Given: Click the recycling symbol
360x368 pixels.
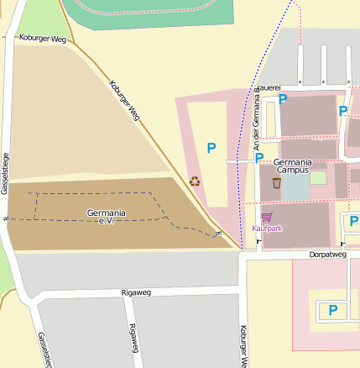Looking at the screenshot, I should click(x=195, y=181).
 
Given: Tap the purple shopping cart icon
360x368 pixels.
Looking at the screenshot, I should click(x=267, y=217).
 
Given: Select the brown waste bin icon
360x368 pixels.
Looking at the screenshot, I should click(x=276, y=182).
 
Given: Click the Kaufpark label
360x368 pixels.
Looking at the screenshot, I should click(x=267, y=228).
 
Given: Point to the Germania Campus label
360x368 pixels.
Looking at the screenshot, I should click(x=293, y=165).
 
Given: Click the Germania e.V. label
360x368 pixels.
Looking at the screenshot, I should click(x=106, y=216).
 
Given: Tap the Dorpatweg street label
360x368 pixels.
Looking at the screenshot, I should click(x=327, y=254).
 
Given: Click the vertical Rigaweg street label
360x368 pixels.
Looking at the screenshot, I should click(x=133, y=339).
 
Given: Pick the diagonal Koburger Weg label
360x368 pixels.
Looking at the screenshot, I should click(x=124, y=100).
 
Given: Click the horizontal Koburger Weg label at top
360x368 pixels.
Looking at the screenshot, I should click(x=42, y=39).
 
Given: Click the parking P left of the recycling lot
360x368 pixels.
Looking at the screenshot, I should click(x=211, y=148).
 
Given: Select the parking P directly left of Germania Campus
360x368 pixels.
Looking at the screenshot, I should click(x=259, y=157).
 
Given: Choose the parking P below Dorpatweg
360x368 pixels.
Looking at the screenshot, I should click(x=333, y=310).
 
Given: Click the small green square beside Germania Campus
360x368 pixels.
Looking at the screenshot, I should click(x=318, y=177).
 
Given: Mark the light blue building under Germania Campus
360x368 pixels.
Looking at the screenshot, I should click(x=295, y=187).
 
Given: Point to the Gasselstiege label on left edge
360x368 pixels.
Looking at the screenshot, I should click(x=5, y=173).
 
